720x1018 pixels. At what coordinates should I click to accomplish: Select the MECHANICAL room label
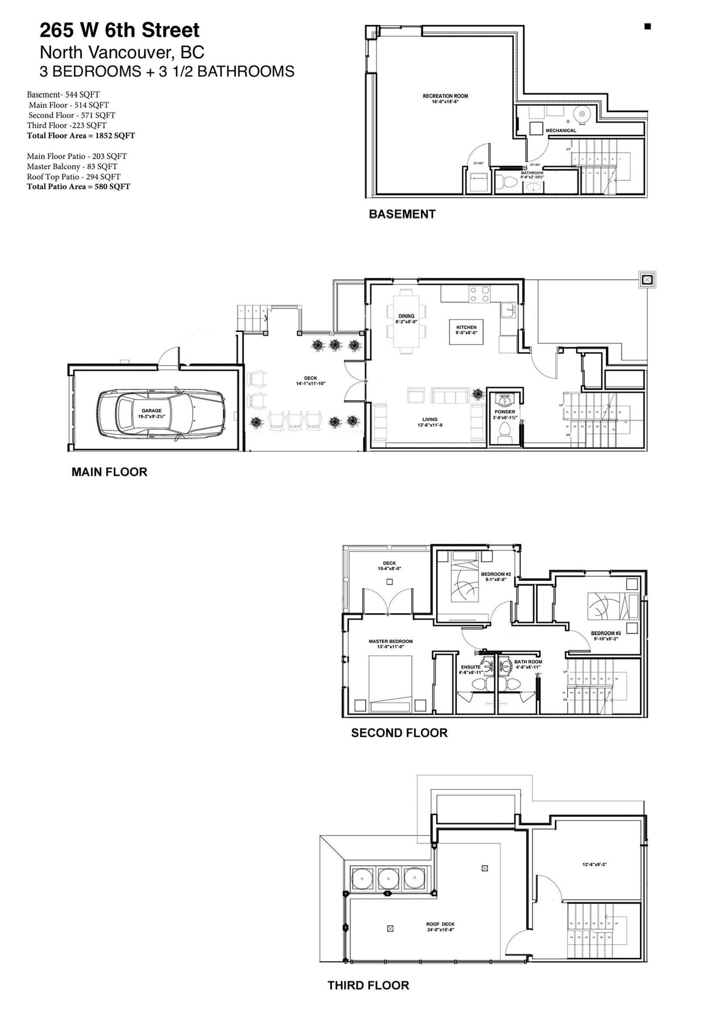(x=560, y=130)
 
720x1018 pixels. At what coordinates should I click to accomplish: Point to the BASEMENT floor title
(x=402, y=214)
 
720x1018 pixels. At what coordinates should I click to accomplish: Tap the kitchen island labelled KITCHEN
(x=466, y=331)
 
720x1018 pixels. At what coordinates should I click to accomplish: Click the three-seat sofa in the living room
(x=449, y=395)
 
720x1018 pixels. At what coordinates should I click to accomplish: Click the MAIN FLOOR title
(x=109, y=472)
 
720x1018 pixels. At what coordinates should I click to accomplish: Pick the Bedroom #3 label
(x=606, y=635)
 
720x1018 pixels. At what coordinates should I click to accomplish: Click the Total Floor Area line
(x=81, y=135)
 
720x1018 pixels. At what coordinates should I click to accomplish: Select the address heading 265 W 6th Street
(x=120, y=31)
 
